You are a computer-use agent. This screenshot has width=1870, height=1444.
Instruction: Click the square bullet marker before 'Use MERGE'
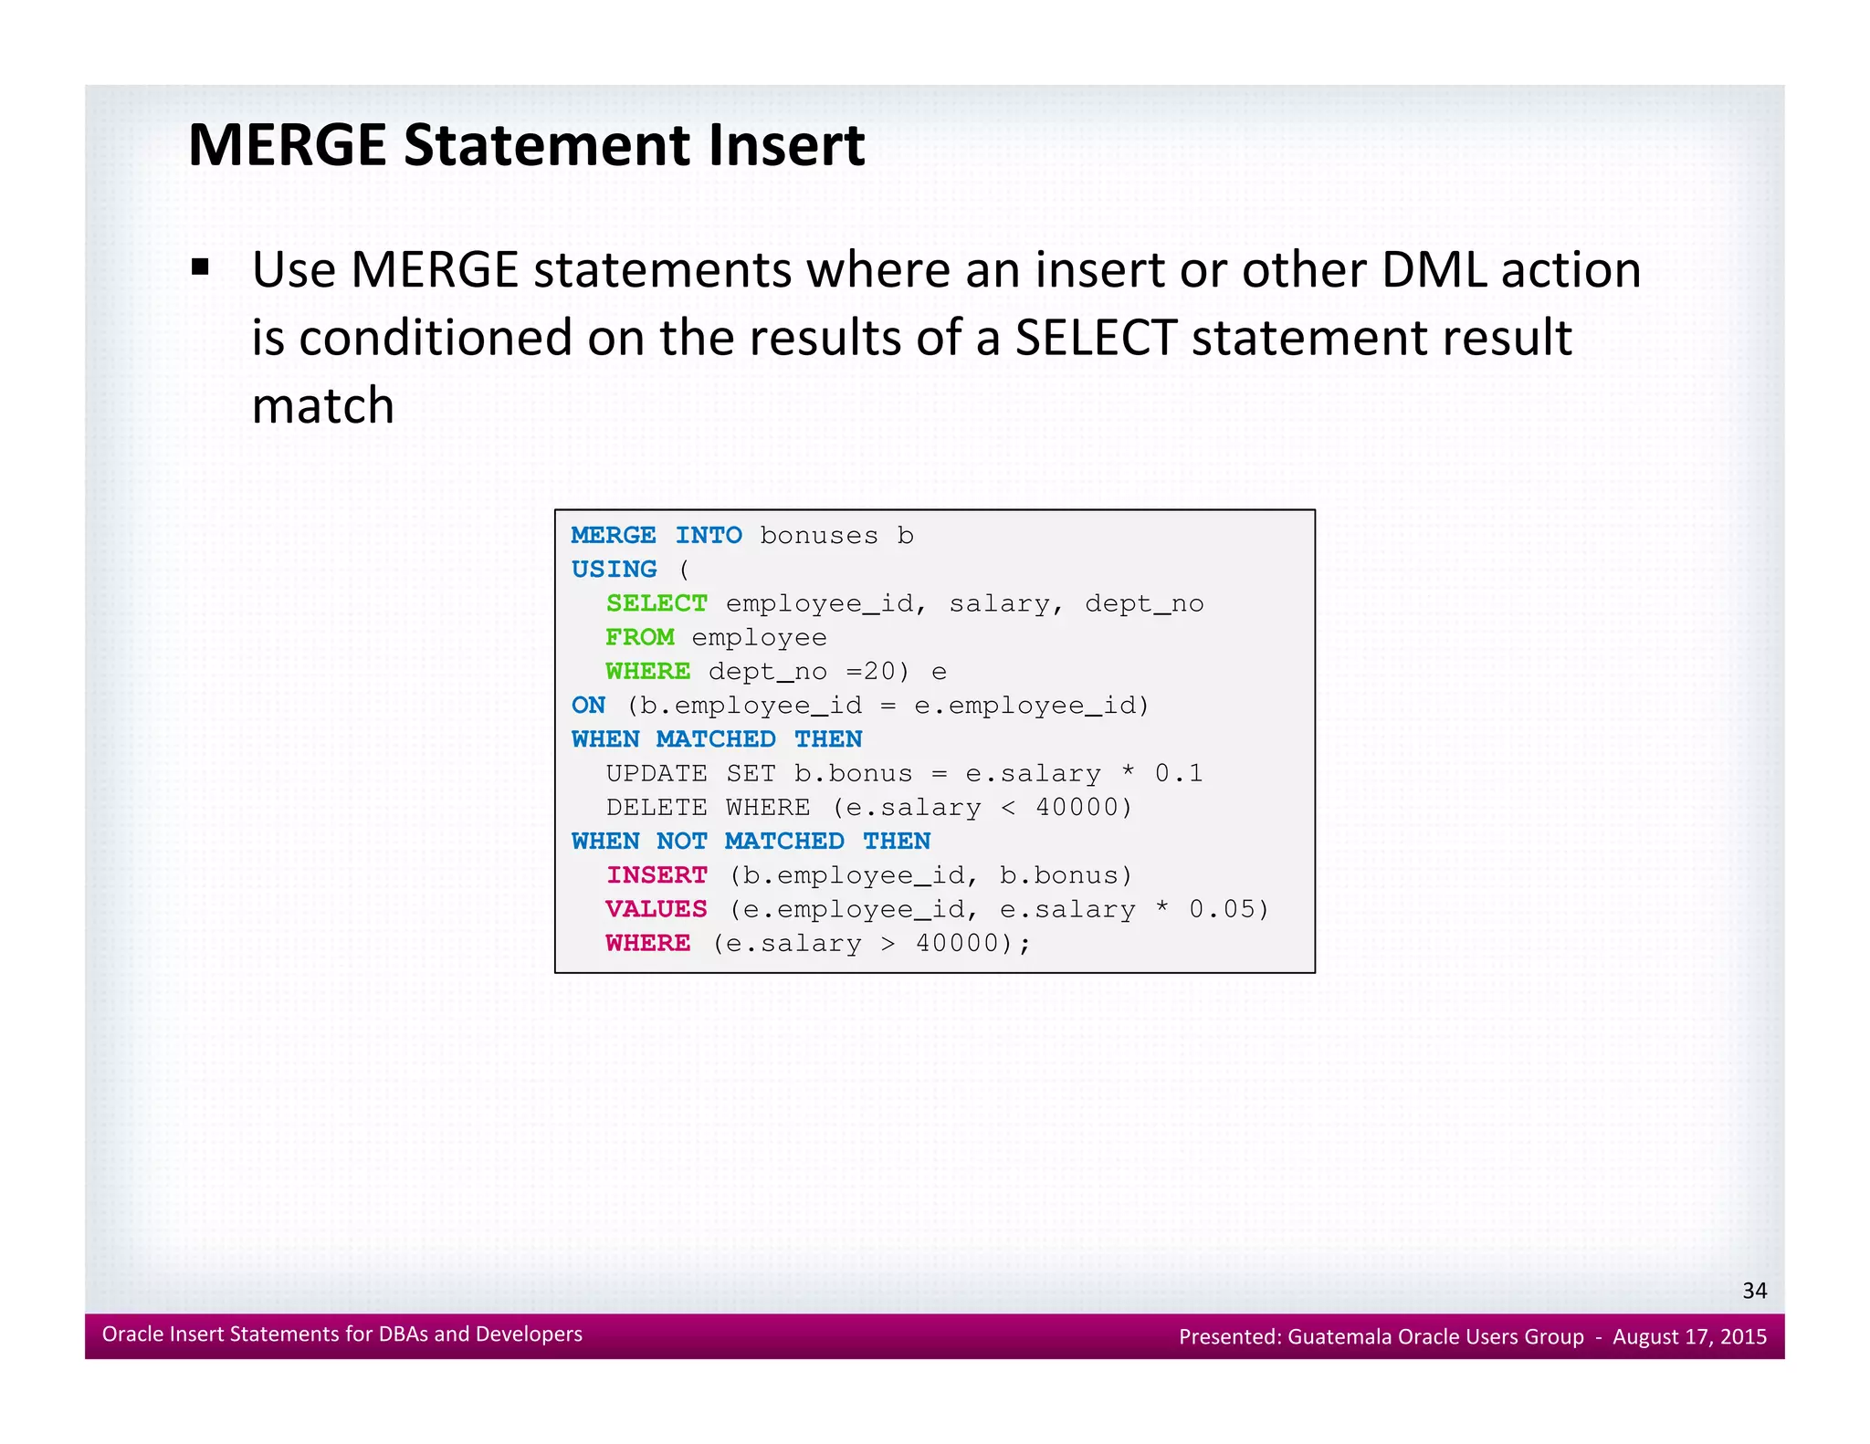pyautogui.click(x=200, y=268)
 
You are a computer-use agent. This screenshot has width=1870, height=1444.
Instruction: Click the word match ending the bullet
pyautogui.click(x=322, y=405)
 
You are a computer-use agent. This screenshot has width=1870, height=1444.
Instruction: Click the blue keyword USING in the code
pyautogui.click(x=614, y=570)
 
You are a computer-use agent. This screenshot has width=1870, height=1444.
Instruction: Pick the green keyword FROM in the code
pyautogui.click(x=639, y=637)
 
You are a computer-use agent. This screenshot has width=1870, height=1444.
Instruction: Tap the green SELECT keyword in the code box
pyautogui.click(x=656, y=603)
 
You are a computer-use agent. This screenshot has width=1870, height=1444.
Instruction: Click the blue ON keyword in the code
pyautogui.click(x=588, y=705)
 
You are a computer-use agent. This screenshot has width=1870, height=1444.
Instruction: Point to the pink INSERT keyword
pyautogui.click(x=657, y=875)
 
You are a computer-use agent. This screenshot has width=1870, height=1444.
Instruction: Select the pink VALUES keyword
pyautogui.click(x=656, y=909)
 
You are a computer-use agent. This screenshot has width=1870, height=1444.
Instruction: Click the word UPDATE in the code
pyautogui.click(x=656, y=774)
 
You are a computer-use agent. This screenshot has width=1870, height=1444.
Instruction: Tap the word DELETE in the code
pyautogui.click(x=656, y=808)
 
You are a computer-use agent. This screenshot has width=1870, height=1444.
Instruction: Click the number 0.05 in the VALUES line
pyautogui.click(x=1222, y=909)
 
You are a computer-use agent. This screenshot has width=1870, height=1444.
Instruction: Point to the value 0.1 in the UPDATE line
pyautogui.click(x=1178, y=774)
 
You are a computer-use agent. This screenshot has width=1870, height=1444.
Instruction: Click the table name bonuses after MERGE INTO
pyautogui.click(x=818, y=536)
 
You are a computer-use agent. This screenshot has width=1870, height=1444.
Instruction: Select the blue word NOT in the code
pyautogui.click(x=681, y=841)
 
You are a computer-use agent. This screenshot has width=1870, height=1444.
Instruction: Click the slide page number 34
pyautogui.click(x=1754, y=1290)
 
